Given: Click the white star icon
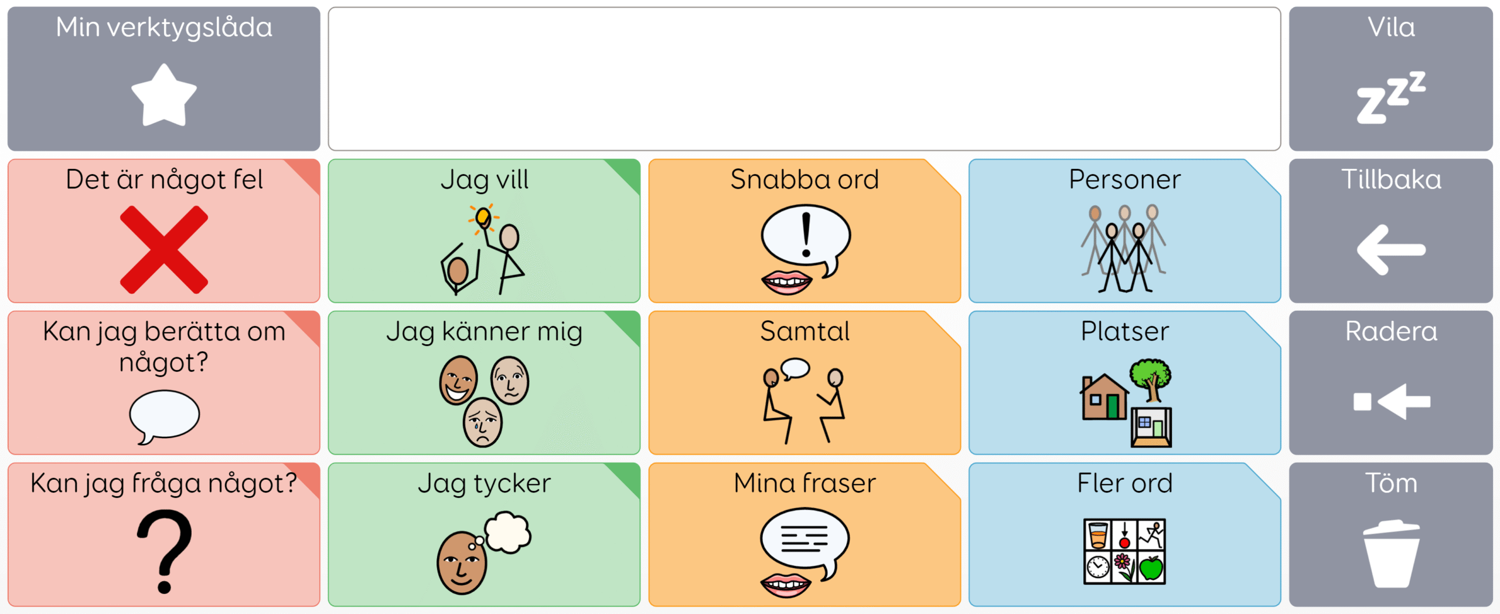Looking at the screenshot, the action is point(164,96).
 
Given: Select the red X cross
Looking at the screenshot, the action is point(164,249).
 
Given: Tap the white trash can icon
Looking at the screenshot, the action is point(1391,553).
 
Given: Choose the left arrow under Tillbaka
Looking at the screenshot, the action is point(1391,250).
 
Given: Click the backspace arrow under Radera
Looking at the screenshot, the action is point(1392,402).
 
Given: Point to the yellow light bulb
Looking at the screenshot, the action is point(483,217).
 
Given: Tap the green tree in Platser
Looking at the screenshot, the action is point(1151,379).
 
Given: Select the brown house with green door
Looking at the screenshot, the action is point(1104,397).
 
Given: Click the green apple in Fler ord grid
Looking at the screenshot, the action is point(1151,568).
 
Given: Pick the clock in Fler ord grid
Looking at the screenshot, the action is point(1097,567).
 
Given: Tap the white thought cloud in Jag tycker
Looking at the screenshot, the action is point(507,532).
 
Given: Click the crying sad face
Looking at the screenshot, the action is point(482,422).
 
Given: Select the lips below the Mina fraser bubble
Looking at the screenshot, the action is point(786,585).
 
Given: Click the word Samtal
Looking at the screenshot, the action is point(804,331).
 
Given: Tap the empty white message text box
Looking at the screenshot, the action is point(804,79).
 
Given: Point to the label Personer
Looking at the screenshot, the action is point(1124,179).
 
